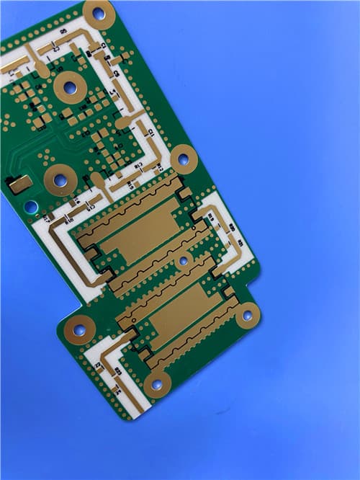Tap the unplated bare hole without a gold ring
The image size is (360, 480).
(x=31, y=207)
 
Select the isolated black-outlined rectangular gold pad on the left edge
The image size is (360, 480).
(x=19, y=185)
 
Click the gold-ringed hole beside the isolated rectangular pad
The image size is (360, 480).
(x=60, y=180)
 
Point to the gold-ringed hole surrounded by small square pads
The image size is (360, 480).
(x=70, y=88)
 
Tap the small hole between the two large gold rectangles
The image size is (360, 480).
(x=183, y=260)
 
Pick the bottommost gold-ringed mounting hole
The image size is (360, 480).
(x=157, y=384)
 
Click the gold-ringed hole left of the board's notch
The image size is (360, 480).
(x=79, y=329)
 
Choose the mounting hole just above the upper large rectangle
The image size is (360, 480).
(x=184, y=159)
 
